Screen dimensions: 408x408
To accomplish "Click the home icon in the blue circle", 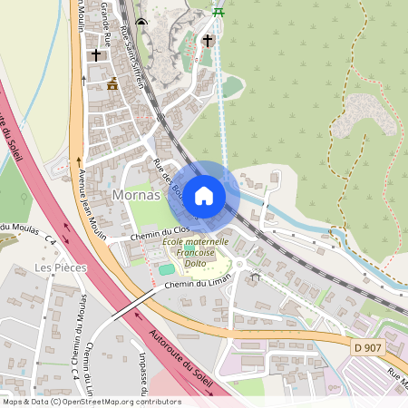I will point(204,195).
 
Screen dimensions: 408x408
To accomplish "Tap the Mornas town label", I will point(135,195).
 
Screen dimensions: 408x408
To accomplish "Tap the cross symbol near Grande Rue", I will point(96,54).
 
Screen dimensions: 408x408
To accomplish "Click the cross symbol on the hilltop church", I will point(208,40).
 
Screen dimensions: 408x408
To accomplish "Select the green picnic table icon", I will point(218,12).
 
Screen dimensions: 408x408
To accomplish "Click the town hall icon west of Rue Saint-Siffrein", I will point(112,84).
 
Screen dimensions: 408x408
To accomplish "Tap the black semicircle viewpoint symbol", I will point(140,21).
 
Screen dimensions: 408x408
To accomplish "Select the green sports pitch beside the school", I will point(166,269).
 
